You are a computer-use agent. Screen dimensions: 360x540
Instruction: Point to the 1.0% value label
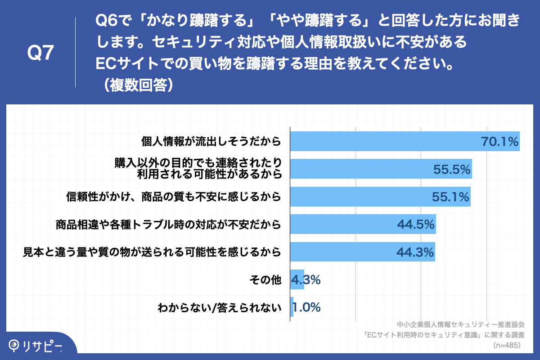(x=306, y=307)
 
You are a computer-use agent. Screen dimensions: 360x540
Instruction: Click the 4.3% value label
(x=306, y=279)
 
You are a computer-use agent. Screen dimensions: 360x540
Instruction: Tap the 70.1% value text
(x=500, y=142)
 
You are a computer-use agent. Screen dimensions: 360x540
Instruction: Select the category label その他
(x=265, y=280)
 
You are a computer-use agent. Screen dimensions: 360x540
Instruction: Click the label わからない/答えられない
(x=220, y=308)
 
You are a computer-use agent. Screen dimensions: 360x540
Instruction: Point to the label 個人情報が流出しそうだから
(x=211, y=142)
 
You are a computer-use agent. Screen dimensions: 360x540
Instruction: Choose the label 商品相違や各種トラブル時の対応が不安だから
(x=168, y=225)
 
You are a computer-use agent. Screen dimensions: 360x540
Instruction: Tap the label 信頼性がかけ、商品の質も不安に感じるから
(x=174, y=197)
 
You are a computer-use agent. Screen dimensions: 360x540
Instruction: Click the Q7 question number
(x=40, y=53)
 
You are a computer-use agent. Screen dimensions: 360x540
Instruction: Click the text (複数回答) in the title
(x=135, y=85)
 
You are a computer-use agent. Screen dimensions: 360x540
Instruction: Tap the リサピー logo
(x=36, y=346)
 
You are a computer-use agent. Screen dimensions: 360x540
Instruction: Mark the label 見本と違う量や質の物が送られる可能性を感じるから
(x=152, y=252)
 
